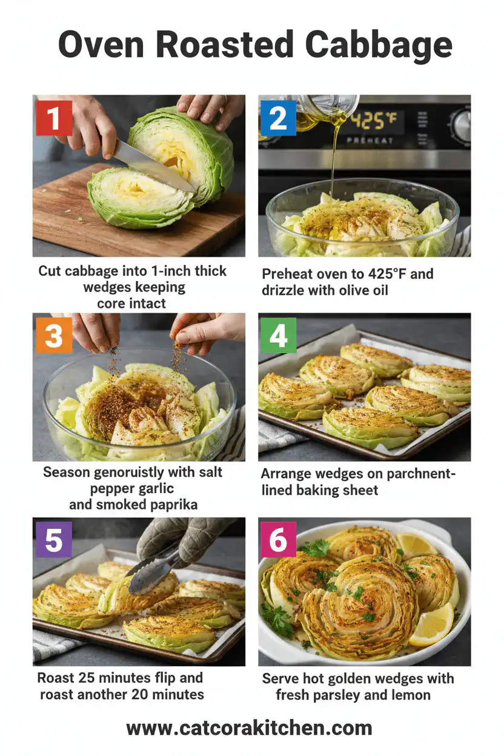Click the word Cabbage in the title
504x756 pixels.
coord(379,45)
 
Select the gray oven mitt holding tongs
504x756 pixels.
coord(182,536)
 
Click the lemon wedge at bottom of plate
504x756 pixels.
coord(432,625)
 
